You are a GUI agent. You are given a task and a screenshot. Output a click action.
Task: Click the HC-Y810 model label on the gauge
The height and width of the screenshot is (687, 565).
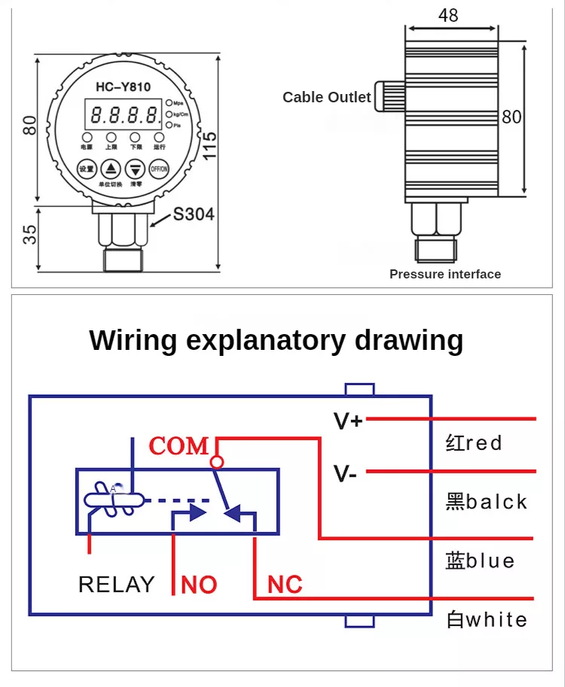coord(123,87)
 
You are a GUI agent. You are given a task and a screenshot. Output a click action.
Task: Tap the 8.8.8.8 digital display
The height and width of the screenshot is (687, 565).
coord(124,115)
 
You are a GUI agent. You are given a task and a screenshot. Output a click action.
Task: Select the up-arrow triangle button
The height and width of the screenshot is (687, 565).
coord(111,169)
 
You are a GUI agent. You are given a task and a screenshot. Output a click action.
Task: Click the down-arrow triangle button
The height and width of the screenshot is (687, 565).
coord(136,169)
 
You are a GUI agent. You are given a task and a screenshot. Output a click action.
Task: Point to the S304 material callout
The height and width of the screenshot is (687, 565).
coord(194,214)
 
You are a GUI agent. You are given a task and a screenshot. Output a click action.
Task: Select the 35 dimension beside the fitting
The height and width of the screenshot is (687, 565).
coord(29,235)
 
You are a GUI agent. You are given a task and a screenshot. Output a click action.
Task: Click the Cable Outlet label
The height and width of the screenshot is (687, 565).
coord(326,97)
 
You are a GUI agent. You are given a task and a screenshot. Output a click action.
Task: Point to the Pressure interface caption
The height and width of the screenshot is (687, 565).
coord(444,274)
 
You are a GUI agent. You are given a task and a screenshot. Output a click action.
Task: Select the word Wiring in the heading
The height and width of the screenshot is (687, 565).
coord(133,340)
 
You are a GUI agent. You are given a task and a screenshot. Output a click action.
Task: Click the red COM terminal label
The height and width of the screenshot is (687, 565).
coord(179,446)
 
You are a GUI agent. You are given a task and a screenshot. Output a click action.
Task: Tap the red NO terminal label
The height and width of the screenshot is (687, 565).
coord(200,585)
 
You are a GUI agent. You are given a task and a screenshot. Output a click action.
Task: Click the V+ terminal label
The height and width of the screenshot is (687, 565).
coord(348,421)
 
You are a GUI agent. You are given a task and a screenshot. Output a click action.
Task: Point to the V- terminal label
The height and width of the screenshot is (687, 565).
coord(346,474)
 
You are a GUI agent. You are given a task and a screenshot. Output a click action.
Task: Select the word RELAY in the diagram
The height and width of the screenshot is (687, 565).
coord(116,585)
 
